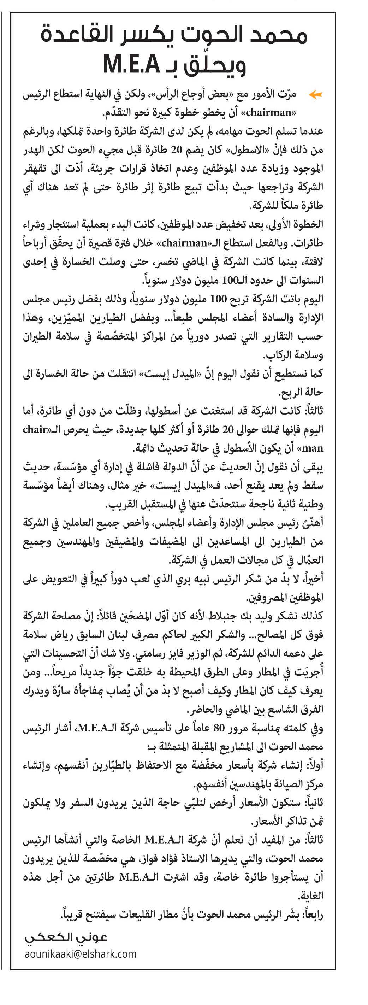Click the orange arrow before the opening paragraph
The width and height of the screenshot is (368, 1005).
[315, 94]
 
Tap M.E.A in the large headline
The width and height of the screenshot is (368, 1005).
[131, 64]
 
